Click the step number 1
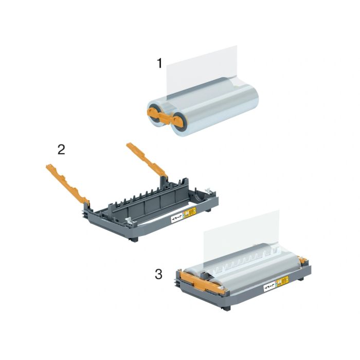(x=159, y=64)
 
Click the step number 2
(x=61, y=150)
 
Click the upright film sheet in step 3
(x=242, y=231)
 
